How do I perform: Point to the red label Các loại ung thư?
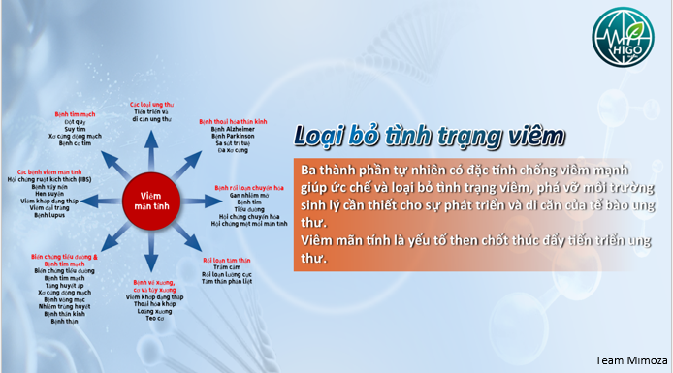pyautogui.click(x=151, y=103)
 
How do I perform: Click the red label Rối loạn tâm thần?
pyautogui.click(x=226, y=261)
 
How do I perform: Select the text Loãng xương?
pyautogui.click(x=152, y=313)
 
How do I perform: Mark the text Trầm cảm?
pyautogui.click(x=226, y=268)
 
